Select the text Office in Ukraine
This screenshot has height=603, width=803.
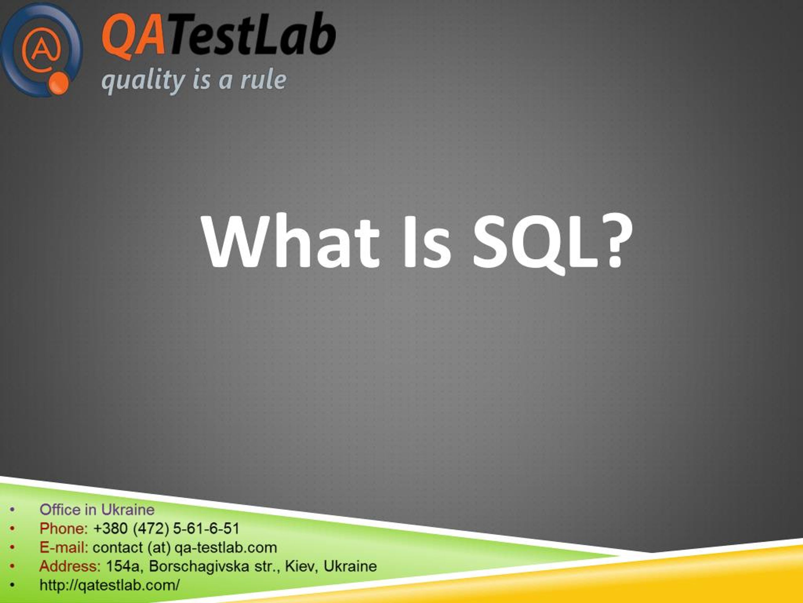pos(97,510)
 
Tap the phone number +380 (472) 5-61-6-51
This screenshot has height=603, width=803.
pos(166,529)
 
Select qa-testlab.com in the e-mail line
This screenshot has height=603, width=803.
pos(226,547)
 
